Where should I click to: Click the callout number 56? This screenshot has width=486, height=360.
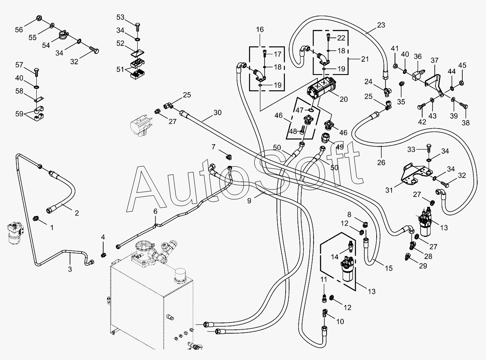point(19,29)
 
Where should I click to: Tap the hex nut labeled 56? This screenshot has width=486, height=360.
point(38,18)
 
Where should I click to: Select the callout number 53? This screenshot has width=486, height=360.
point(120,17)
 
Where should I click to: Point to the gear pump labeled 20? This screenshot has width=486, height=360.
point(321,88)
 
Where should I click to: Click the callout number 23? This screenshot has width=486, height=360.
point(381,25)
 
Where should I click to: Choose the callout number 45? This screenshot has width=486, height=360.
point(462,65)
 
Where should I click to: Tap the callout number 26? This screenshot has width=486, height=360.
point(381,163)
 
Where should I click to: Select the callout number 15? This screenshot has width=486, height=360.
point(389,268)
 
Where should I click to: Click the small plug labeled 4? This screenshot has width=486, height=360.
point(103,255)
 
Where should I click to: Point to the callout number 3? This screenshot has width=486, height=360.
point(70,269)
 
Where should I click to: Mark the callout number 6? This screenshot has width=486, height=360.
point(155,211)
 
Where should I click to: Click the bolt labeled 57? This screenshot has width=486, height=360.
point(36,72)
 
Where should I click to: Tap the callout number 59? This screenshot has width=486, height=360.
point(19,114)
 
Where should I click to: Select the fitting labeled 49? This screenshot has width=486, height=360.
point(326,138)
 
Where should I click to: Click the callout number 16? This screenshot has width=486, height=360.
point(260,29)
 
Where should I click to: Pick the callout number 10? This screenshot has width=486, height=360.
point(340,321)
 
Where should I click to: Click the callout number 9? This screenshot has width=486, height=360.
point(249,200)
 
